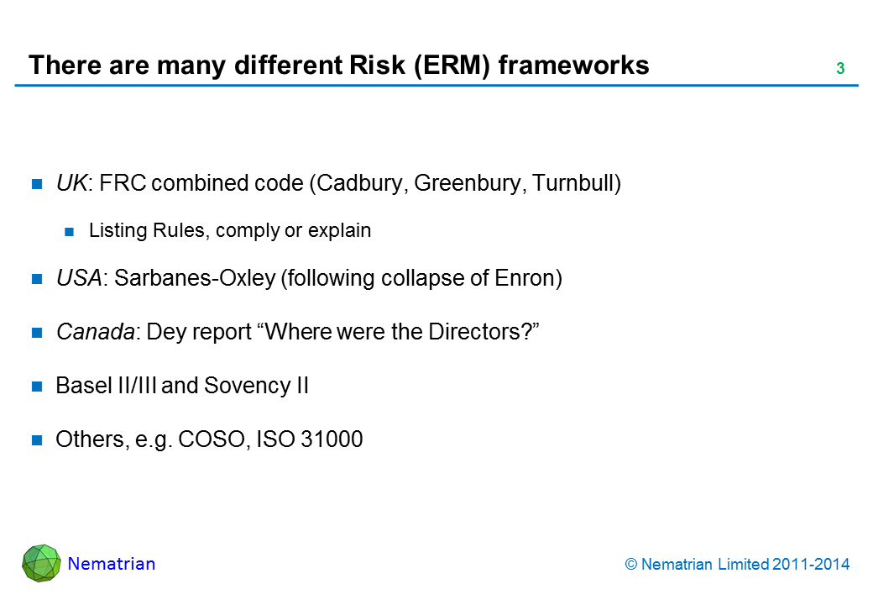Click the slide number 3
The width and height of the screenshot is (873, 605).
pos(840,68)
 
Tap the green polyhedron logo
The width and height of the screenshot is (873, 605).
pos(41,563)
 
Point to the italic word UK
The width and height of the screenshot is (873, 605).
pos(71,182)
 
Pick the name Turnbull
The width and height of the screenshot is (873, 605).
pos(572,182)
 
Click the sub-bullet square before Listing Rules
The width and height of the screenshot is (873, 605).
pos(69,232)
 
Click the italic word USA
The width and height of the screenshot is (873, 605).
pos(79,277)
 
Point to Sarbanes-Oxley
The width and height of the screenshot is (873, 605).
pos(195,278)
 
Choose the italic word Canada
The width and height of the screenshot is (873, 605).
pos(95,331)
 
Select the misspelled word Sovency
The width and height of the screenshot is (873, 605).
pos(247,386)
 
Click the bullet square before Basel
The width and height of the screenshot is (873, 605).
pos(37,386)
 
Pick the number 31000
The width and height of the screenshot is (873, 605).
pos(332,439)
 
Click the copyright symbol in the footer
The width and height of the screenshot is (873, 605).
pos(630,565)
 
